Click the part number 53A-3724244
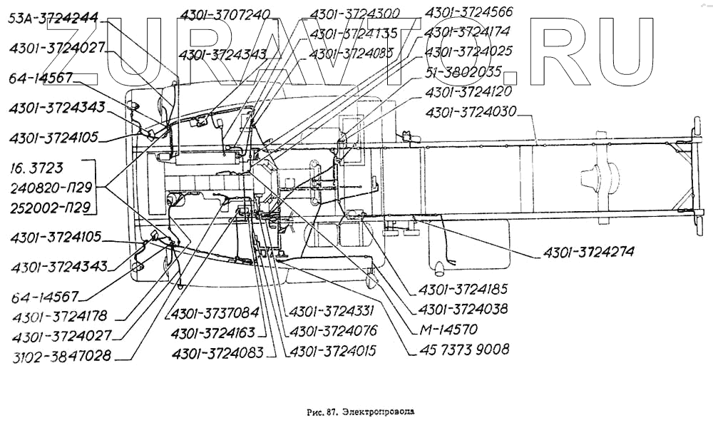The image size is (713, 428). click(x=54, y=19)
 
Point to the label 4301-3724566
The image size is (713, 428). click(x=468, y=12)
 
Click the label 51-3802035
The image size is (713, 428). click(x=463, y=72)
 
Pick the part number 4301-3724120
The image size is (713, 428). click(x=468, y=92)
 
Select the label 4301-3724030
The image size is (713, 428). click(x=471, y=112)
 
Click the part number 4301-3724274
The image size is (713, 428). click(x=588, y=252)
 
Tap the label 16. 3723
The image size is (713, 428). click(x=37, y=169)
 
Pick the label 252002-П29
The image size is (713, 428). click(x=51, y=208)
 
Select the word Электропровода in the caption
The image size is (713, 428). click(x=378, y=412)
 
